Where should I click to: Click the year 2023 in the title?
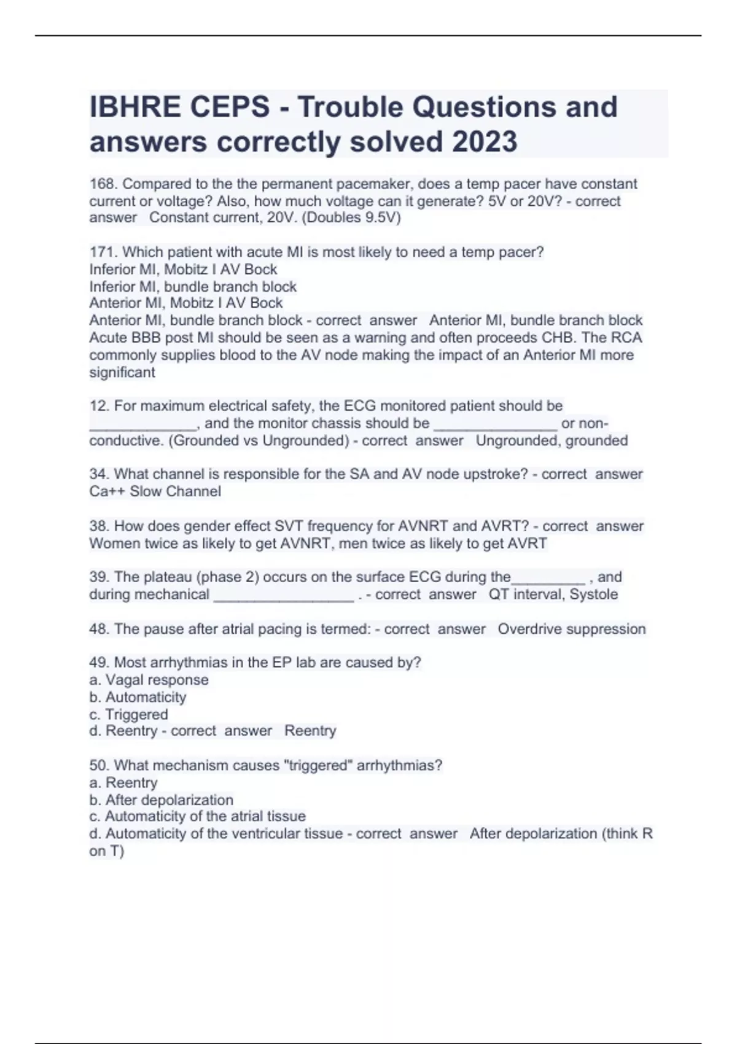pos(485,142)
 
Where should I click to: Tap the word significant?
pos(122,372)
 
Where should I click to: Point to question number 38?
pos(99,526)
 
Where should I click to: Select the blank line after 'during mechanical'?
pos(283,596)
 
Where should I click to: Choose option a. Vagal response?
pos(149,680)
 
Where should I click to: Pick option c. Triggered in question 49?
pos(128,714)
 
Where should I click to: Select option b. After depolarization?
pos(161,800)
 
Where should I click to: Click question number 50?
pos(99,765)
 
